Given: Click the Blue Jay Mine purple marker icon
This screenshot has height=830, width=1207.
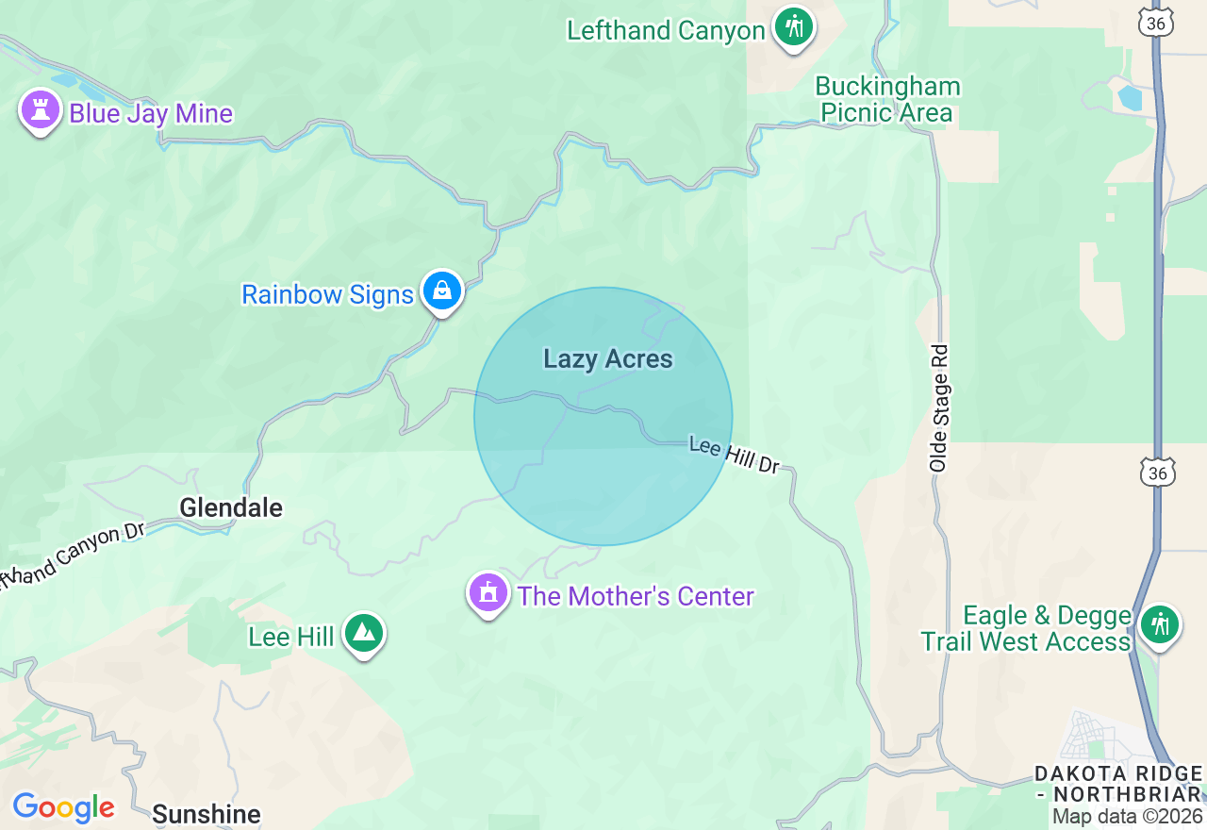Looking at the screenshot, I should coord(40,111).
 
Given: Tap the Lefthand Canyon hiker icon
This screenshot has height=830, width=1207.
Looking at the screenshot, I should coord(794,26).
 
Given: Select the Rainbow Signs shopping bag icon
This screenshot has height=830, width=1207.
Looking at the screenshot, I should coord(441,291).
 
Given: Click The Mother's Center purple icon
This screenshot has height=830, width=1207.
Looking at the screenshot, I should coord(488,594).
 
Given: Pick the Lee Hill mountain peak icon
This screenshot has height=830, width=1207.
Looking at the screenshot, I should coord(363,634).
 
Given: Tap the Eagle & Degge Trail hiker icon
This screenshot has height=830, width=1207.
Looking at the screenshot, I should coord(1160,625).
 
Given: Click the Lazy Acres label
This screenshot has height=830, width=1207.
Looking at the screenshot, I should coord(608,358).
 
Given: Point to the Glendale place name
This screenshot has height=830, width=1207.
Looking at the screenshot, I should coord(231,507).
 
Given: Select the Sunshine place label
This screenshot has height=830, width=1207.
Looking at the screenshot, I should coord(206,814).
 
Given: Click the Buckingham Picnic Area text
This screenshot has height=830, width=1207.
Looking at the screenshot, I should coord(887,100).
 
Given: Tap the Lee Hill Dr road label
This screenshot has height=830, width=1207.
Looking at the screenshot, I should coord(735,455).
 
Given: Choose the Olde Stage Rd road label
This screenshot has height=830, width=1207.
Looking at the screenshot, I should coord(938,407).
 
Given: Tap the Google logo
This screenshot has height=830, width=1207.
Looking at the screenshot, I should coord(63,807).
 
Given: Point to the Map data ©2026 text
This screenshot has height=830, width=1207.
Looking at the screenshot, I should coord(1128,817).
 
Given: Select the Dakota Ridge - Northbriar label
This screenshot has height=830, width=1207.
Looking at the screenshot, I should coord(1117,784).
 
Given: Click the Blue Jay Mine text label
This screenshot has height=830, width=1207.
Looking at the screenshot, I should coord(151,113).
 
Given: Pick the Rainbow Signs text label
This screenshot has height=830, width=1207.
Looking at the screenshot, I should coord(327,294).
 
